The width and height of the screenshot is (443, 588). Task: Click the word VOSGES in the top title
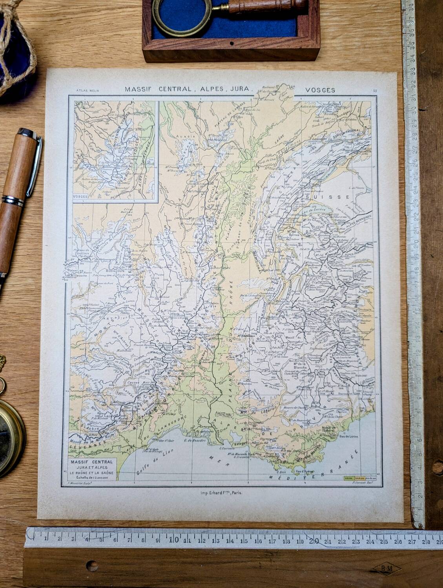click(x=320, y=90)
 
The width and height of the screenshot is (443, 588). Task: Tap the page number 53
click(x=375, y=91)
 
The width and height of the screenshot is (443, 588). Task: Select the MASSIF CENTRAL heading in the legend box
click(x=91, y=462)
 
